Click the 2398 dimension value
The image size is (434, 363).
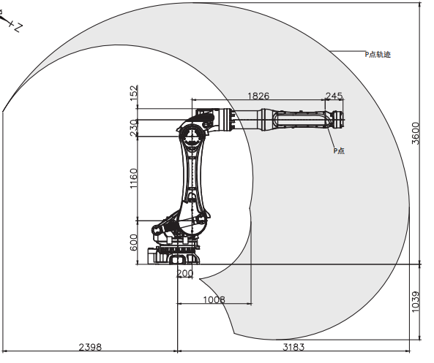(90, 347)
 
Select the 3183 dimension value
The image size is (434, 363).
(293, 347)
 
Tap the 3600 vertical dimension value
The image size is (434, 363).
(416, 133)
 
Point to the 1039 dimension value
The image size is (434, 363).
(416, 302)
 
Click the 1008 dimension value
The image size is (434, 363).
(214, 299)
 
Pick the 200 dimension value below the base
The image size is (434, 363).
(184, 273)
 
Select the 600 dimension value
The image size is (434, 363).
(133, 242)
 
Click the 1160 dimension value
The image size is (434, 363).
(133, 178)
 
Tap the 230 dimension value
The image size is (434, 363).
(133, 128)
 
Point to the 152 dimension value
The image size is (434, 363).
(133, 93)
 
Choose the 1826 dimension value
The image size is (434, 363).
(258, 96)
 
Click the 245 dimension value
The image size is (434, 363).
(334, 96)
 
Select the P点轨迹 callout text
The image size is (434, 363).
(378, 55)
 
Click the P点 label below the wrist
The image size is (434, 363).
(339, 150)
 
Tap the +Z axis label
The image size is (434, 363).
(16, 26)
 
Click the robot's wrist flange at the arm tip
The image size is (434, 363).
(338, 120)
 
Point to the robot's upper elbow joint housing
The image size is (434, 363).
(192, 136)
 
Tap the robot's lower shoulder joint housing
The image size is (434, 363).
(192, 223)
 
